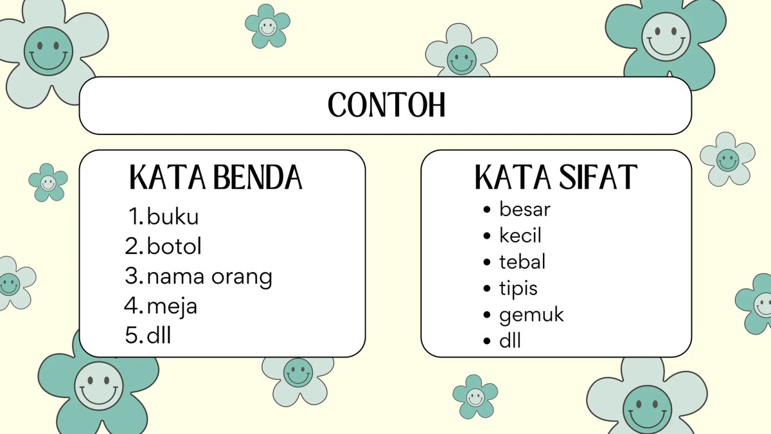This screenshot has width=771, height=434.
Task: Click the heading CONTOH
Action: [x=386, y=105]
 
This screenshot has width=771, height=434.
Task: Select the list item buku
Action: [x=173, y=217]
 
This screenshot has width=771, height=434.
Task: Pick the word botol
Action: [x=174, y=246]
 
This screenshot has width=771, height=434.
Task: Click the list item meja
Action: [x=172, y=307]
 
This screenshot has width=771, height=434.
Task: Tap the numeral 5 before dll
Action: [x=132, y=336]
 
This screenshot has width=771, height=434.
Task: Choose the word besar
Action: [x=525, y=209]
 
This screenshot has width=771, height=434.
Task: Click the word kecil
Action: [x=520, y=235]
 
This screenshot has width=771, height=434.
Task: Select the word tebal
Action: [x=522, y=262]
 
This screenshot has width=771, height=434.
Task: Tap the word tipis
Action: [x=518, y=289]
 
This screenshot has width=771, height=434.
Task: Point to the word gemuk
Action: [x=531, y=315]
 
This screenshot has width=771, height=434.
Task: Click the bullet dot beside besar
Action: [x=487, y=210]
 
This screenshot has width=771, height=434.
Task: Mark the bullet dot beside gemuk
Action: [x=487, y=315]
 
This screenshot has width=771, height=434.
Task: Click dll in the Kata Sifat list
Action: [x=510, y=341]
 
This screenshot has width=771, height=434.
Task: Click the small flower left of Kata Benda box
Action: [x=48, y=183]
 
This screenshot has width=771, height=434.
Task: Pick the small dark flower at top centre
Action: [x=267, y=26]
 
